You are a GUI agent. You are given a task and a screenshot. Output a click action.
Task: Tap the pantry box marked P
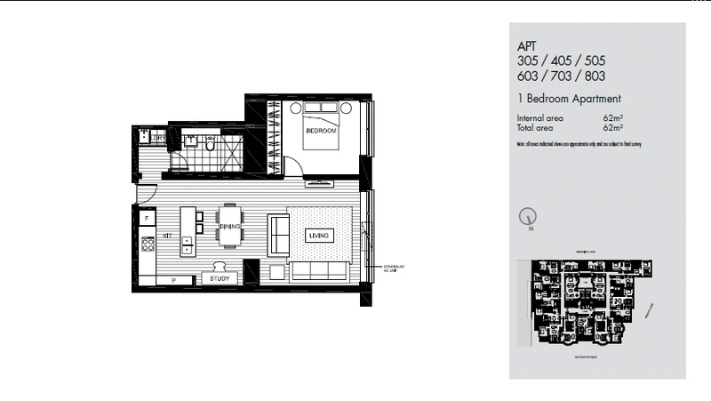[172, 279]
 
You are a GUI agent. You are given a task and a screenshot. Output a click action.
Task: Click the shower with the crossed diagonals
[228, 150]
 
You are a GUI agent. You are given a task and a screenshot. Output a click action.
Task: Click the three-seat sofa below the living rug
[321, 271]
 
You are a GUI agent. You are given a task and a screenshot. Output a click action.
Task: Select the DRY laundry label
[158, 138]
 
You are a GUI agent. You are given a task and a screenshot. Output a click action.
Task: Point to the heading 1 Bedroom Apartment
[568, 99]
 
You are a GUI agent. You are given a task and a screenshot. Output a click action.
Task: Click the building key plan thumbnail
[589, 303]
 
